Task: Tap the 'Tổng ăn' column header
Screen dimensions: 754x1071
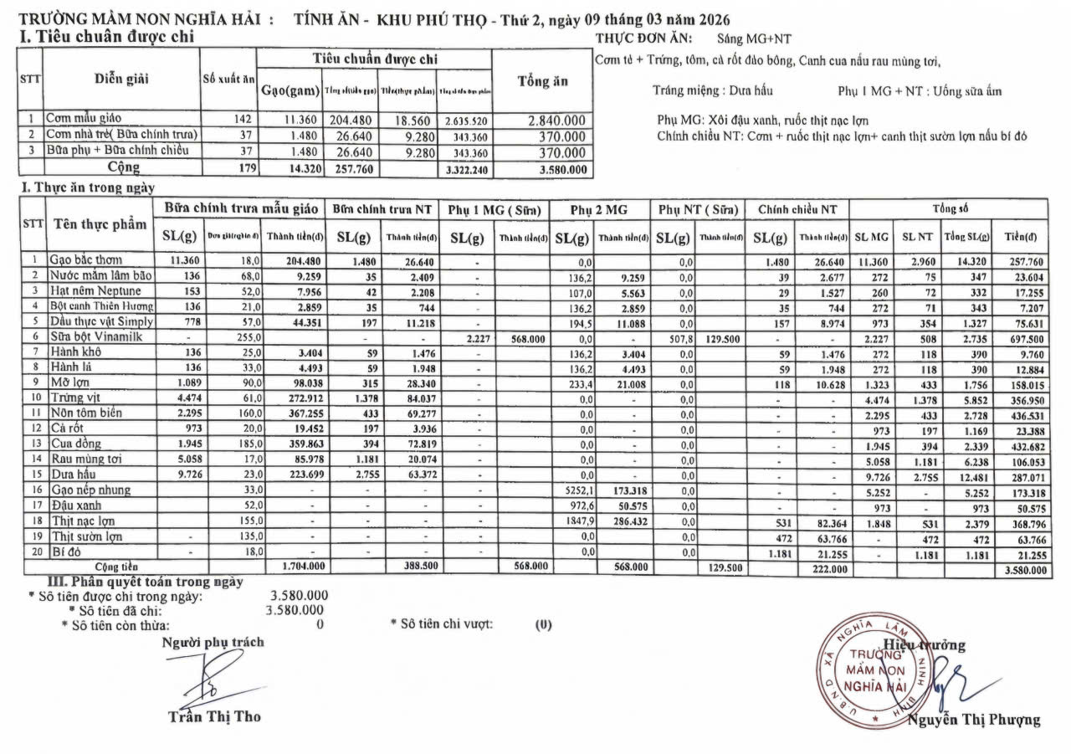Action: (x=542, y=81)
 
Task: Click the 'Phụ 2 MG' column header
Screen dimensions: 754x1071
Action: (x=599, y=209)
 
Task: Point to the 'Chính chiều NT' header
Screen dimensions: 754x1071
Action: (x=797, y=209)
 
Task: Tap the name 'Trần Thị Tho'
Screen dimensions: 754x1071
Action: (x=214, y=716)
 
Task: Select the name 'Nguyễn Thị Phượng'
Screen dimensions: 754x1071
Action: (x=974, y=719)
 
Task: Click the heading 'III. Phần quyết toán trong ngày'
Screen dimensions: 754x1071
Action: (x=145, y=582)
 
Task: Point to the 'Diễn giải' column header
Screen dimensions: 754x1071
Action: (x=121, y=80)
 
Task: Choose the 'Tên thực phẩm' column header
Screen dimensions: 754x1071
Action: (x=100, y=223)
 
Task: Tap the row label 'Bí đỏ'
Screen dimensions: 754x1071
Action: (x=65, y=551)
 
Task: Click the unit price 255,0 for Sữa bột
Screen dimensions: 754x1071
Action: (x=249, y=336)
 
